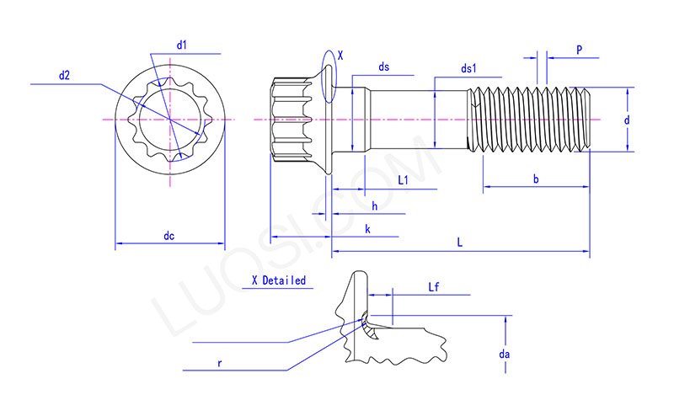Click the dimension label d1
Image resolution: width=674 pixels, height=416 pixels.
pyautogui.click(x=181, y=44)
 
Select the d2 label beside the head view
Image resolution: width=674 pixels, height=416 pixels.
pyautogui.click(x=64, y=75)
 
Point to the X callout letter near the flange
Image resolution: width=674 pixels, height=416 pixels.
pyautogui.click(x=340, y=56)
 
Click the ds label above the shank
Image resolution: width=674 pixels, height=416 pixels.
pyautogui.click(x=383, y=67)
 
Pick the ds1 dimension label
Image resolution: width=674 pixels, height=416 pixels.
pyautogui.click(x=468, y=68)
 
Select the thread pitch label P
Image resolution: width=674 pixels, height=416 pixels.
pyautogui.click(x=580, y=50)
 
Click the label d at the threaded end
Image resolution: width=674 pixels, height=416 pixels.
pyautogui.click(x=627, y=120)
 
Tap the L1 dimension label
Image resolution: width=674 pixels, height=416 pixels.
pyautogui.click(x=403, y=180)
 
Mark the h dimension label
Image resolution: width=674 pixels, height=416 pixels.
pyautogui.click(x=374, y=206)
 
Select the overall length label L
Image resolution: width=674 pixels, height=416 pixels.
pyautogui.click(x=459, y=243)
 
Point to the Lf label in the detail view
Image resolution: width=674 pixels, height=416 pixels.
pyautogui.click(x=434, y=287)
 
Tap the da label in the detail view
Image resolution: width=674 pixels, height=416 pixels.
pyautogui.click(x=504, y=355)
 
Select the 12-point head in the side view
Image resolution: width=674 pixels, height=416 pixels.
pyautogui.click(x=291, y=120)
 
